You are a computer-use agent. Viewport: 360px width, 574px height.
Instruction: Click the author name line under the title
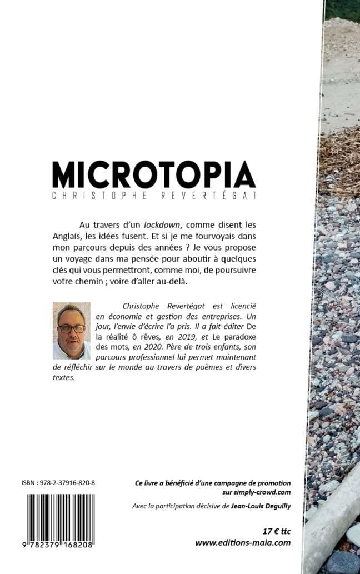coord(154,196)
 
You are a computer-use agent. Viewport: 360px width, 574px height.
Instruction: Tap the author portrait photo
coord(71,331)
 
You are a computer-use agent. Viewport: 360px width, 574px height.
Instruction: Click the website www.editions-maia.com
coord(243,543)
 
